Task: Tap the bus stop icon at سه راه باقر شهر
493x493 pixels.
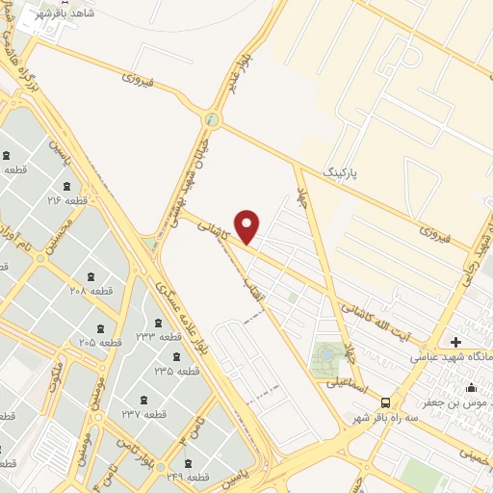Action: click(385, 402)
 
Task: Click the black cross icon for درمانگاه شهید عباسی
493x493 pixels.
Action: click(455, 342)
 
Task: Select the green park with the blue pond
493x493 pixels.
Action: click(326, 357)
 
